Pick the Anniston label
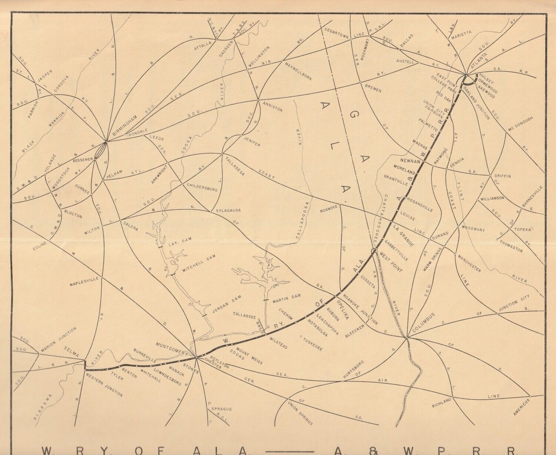(272, 106)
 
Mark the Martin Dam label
(287, 297)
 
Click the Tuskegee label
(312, 343)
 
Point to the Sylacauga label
(229, 210)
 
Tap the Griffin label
(503, 176)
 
